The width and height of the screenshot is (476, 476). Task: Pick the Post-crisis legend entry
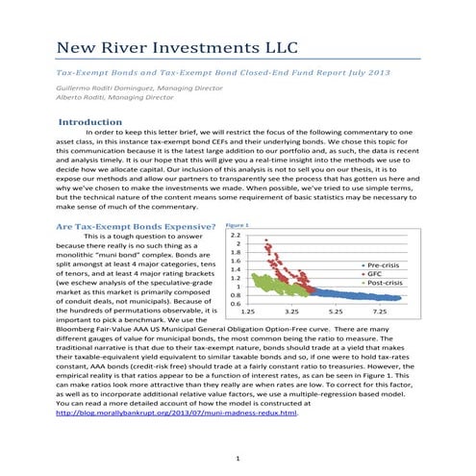386,284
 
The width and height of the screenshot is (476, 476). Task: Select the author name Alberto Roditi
78,98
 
